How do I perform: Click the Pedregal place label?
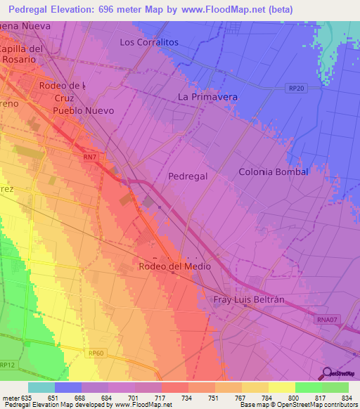[188, 176]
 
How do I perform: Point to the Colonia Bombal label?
[274, 171]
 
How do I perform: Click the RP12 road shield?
[8, 365]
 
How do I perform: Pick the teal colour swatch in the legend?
[41, 387]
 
